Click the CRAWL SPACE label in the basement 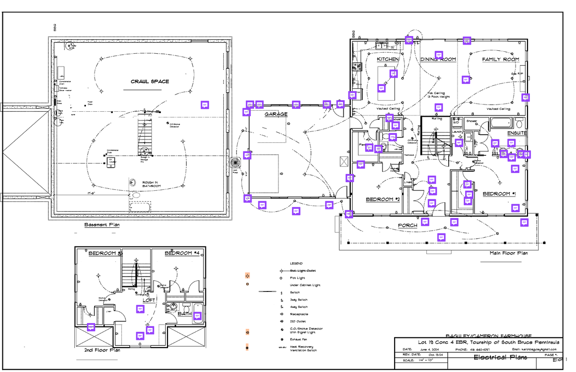150,81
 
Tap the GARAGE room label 276,115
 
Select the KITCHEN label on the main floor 387,59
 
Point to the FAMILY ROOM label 501,59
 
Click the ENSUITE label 517,132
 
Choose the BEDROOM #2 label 383,199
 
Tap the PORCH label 408,225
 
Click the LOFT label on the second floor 149,300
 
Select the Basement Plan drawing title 102,225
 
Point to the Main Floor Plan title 508,253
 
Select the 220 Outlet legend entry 299,321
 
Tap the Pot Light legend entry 297,278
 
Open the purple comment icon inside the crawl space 204,105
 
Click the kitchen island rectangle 387,83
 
